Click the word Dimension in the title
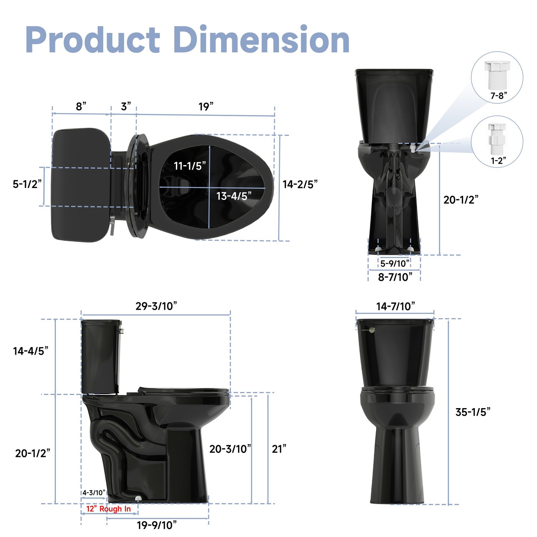click(262, 40)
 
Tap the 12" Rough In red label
click(108, 509)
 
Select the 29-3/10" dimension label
click(156, 306)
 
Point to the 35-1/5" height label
click(473, 412)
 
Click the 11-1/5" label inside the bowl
click(190, 166)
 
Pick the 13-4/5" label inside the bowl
click(234, 196)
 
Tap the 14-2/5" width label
click(300, 184)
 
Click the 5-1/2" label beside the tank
click(27, 184)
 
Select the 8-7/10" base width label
click(395, 277)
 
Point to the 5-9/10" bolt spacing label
click(395, 263)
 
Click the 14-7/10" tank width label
click(395, 306)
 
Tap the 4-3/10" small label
click(94, 493)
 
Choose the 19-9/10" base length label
click(156, 525)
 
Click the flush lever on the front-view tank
click(371, 330)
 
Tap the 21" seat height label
click(279, 449)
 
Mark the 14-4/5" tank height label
click(31, 351)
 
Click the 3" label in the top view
click(126, 106)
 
